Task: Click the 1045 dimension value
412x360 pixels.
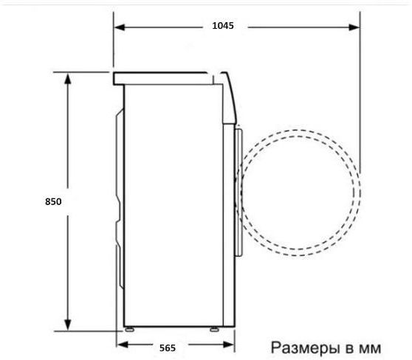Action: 222,26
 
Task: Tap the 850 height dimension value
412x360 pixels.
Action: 52,201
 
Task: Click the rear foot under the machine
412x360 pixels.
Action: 129,328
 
